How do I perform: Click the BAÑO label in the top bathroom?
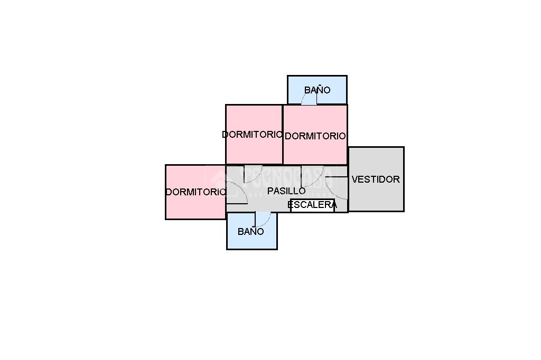[317, 90]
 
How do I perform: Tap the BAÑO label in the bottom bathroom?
[250, 232]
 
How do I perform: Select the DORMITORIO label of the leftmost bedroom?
[195, 192]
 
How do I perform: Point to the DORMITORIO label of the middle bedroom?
[253, 135]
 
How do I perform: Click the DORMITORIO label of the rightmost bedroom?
[315, 136]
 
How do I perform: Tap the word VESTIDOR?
[376, 179]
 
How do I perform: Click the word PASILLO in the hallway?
[286, 191]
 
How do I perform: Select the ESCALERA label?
[312, 205]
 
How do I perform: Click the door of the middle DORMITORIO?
[252, 174]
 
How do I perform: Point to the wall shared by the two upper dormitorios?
[283, 135]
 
